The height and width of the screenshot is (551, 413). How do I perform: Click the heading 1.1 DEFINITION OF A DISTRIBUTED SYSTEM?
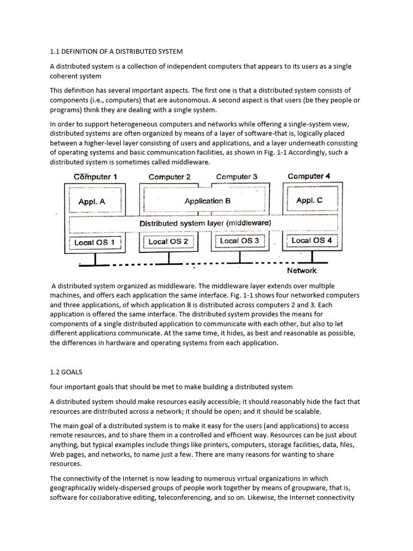click(116, 52)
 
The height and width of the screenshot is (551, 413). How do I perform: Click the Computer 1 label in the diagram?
click(95, 176)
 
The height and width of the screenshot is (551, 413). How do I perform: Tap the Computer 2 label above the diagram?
click(169, 176)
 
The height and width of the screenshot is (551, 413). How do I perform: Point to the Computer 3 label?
click(237, 176)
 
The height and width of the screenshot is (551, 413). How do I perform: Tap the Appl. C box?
click(309, 200)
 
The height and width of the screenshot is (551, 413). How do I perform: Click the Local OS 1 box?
click(95, 242)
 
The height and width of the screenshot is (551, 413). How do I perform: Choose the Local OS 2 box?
click(168, 242)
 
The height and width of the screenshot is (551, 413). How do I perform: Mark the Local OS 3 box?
click(239, 241)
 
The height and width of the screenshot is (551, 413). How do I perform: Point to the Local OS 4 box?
click(311, 240)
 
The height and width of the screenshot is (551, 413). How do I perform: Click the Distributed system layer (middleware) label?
click(205, 222)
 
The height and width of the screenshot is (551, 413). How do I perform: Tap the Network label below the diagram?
click(302, 271)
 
